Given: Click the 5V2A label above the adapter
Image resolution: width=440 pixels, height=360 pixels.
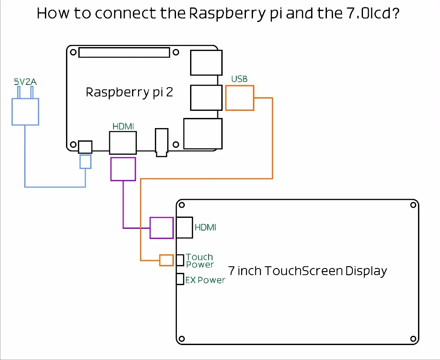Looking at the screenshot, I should (x=25, y=82).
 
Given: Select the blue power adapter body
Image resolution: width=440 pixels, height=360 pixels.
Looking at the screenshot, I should (x=25, y=111).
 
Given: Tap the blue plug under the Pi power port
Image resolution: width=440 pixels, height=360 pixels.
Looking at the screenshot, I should (x=85, y=162).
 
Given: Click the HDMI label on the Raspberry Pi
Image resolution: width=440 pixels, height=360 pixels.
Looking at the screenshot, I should (x=123, y=126).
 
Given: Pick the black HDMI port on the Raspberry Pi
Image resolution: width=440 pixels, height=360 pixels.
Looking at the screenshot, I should (x=123, y=143).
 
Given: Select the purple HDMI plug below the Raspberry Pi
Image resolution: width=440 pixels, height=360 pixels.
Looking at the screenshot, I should (x=123, y=169).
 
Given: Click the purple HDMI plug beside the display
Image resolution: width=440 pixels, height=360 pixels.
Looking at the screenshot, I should (x=161, y=228).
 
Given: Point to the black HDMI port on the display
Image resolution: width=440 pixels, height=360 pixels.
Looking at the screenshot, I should (x=185, y=228).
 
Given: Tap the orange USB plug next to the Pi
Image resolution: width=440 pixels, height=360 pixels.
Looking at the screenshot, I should (x=240, y=98).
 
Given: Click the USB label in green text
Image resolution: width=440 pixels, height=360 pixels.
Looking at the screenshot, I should (x=239, y=79).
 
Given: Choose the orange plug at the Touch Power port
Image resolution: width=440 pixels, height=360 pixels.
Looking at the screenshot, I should (x=166, y=260).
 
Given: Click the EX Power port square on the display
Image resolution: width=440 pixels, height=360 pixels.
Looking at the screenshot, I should (x=180, y=279).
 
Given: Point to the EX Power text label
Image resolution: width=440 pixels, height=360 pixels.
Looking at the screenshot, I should (x=205, y=280).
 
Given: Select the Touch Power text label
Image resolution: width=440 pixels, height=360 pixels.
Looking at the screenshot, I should (x=200, y=261).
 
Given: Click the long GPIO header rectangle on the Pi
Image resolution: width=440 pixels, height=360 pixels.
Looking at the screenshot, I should (x=124, y=52).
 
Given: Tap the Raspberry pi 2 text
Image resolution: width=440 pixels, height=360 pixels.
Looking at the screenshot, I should (x=129, y=93).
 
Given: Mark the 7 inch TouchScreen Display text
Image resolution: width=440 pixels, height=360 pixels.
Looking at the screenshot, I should (x=308, y=271).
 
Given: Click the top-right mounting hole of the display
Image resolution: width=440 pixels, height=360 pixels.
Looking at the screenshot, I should (x=412, y=205).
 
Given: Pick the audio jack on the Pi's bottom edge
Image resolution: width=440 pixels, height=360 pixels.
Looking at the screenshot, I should (x=161, y=142).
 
